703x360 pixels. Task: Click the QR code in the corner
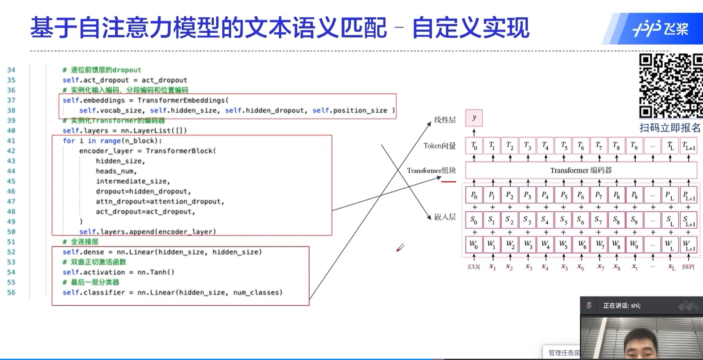[x=670, y=86]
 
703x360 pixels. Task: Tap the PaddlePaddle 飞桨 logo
[x=660, y=29]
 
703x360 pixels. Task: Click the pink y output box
[x=474, y=118]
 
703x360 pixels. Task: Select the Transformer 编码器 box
[x=581, y=170]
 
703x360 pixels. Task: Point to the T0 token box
[x=474, y=146]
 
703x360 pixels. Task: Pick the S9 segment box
[x=634, y=220]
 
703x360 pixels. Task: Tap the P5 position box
[x=563, y=195]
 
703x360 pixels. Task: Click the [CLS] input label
[x=474, y=267]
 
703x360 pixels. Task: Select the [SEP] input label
[x=688, y=267]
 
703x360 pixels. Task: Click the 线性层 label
[x=445, y=120]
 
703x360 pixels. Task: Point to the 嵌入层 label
[x=445, y=217]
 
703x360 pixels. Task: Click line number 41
[x=11, y=141]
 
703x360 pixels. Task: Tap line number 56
[x=11, y=292]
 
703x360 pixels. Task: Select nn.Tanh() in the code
[x=156, y=272]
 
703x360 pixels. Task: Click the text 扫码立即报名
[x=670, y=127]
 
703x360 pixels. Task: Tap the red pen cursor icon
[x=400, y=248]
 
